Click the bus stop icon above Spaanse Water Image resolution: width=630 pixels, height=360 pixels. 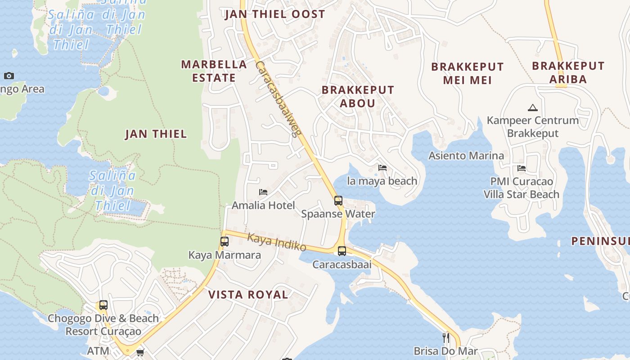(338, 201)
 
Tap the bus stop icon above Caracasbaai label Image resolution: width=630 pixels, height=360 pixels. (342, 251)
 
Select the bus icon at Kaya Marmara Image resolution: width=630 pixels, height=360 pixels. (225, 242)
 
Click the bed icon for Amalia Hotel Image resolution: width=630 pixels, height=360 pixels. (263, 192)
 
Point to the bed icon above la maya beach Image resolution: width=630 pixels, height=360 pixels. (382, 168)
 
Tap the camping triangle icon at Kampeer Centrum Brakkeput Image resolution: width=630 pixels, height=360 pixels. (533, 108)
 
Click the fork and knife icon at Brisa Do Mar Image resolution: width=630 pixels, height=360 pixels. (445, 337)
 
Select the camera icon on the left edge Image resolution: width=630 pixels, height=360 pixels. (9, 76)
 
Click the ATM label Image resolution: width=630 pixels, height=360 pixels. (98, 351)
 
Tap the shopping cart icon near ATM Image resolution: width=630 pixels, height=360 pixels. (140, 352)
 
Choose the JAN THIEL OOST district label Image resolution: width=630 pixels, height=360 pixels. (274, 14)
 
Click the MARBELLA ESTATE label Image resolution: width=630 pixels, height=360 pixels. (214, 71)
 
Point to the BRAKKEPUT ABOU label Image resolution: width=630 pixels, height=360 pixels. (358, 97)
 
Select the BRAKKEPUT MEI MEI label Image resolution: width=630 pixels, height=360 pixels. (467, 74)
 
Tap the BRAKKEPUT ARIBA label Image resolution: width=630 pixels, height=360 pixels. (568, 72)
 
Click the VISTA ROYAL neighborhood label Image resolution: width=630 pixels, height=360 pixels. (248, 295)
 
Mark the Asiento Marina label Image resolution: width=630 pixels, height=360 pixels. (466, 156)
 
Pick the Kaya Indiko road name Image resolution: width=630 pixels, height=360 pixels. (277, 243)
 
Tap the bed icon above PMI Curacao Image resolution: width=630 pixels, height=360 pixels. (522, 168)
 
